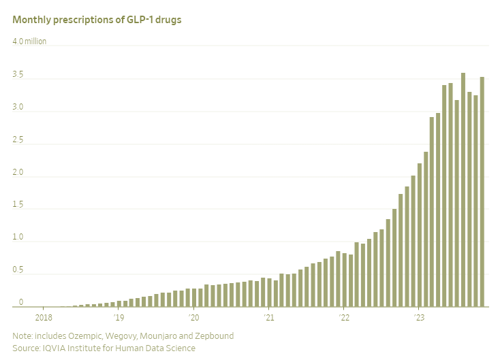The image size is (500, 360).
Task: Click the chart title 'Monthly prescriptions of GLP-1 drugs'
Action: click(x=97, y=20)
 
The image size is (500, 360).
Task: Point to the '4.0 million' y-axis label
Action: click(x=29, y=42)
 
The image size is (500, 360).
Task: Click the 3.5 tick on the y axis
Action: click(x=18, y=74)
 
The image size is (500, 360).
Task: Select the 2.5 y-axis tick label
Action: click(x=18, y=140)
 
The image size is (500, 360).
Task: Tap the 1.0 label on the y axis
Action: click(x=18, y=238)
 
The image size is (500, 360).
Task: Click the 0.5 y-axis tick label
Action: click(x=18, y=270)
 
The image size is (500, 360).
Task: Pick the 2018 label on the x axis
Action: click(x=44, y=317)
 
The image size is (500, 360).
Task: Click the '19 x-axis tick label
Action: click(x=119, y=317)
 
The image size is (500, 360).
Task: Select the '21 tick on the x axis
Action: click(x=269, y=317)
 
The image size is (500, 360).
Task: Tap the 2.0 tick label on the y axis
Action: click(x=18, y=172)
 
